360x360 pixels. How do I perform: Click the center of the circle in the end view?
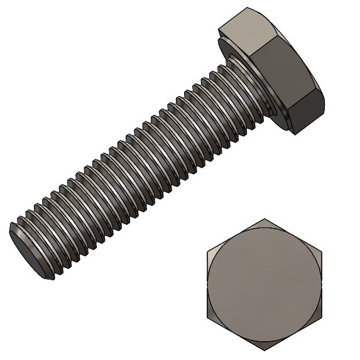[x=264, y=284]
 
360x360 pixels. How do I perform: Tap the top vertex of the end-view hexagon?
[x=265, y=219]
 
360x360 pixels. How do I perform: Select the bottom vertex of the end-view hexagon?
[x=265, y=350]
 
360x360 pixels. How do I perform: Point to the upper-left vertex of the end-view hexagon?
[x=207, y=251]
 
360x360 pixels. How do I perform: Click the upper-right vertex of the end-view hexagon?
[x=321, y=251]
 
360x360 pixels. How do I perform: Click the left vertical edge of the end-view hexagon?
[x=207, y=284]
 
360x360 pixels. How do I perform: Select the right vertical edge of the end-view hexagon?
[x=321, y=284]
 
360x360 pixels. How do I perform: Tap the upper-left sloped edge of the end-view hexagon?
[x=236, y=235]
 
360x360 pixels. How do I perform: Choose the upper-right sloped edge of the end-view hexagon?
[x=293, y=235]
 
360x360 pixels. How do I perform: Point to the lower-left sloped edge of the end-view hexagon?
[x=236, y=334]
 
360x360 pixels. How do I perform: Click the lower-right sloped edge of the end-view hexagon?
[x=293, y=334]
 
